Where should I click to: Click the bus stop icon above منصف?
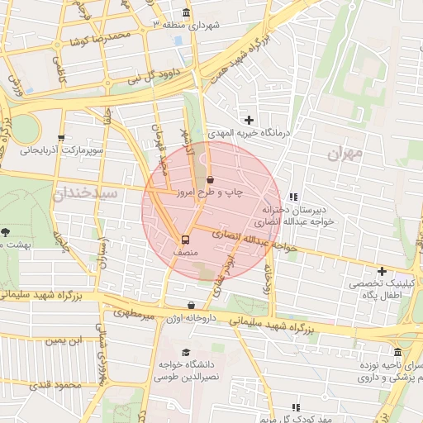[x=184, y=234]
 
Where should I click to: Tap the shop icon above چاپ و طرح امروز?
[x=209, y=179]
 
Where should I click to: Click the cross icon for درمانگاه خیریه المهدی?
[x=249, y=121]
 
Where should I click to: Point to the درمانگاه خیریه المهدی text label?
[x=298, y=132]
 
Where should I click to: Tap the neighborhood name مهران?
[x=345, y=152]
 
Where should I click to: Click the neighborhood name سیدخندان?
[x=85, y=192]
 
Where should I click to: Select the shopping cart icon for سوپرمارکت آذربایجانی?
[x=60, y=139]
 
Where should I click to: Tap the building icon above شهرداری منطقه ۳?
[x=186, y=12]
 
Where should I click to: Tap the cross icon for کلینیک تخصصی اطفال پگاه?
[x=381, y=271]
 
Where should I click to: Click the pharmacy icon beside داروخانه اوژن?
[x=191, y=305]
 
